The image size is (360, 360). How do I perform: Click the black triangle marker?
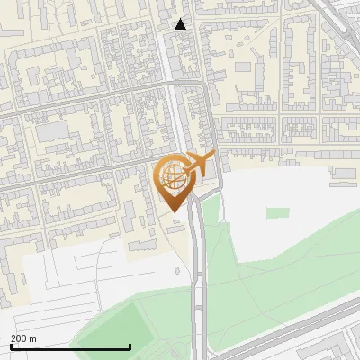click(181, 24)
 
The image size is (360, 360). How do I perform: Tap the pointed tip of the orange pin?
click(171, 211)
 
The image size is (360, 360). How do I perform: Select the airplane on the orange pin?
click(199, 164)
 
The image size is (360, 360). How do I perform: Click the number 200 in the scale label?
click(18, 338)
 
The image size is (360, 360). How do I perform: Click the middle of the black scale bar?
click(70, 346)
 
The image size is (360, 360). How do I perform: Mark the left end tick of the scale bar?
click(11, 346)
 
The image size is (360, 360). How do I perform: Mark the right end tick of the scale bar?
click(130, 346)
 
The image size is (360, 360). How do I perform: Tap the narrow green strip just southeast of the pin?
click(211, 212)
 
